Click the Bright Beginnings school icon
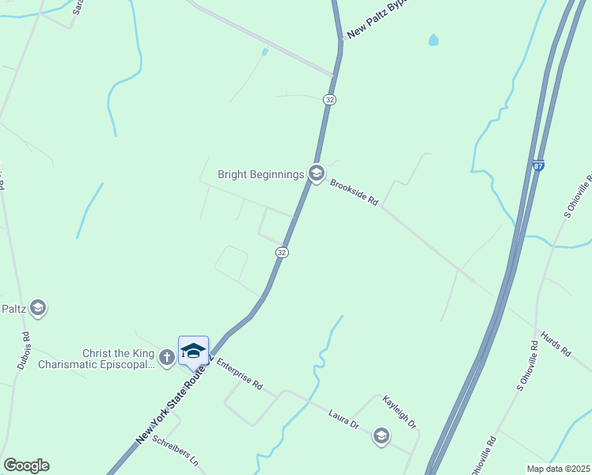pos(317,173)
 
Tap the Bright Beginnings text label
pos(261,174)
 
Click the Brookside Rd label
pos(355,192)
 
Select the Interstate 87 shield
pos(538,166)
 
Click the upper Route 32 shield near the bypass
pos(330,99)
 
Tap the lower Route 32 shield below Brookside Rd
pos(282,252)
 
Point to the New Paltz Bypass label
pos(369,21)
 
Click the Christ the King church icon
pos(166,358)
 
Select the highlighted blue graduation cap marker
pos(193,351)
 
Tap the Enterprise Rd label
pos(239,374)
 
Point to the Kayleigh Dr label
pos(400,412)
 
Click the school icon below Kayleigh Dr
pos(381,436)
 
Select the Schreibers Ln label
pos(175,450)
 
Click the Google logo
pos(26,465)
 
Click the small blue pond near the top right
pos(433,40)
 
